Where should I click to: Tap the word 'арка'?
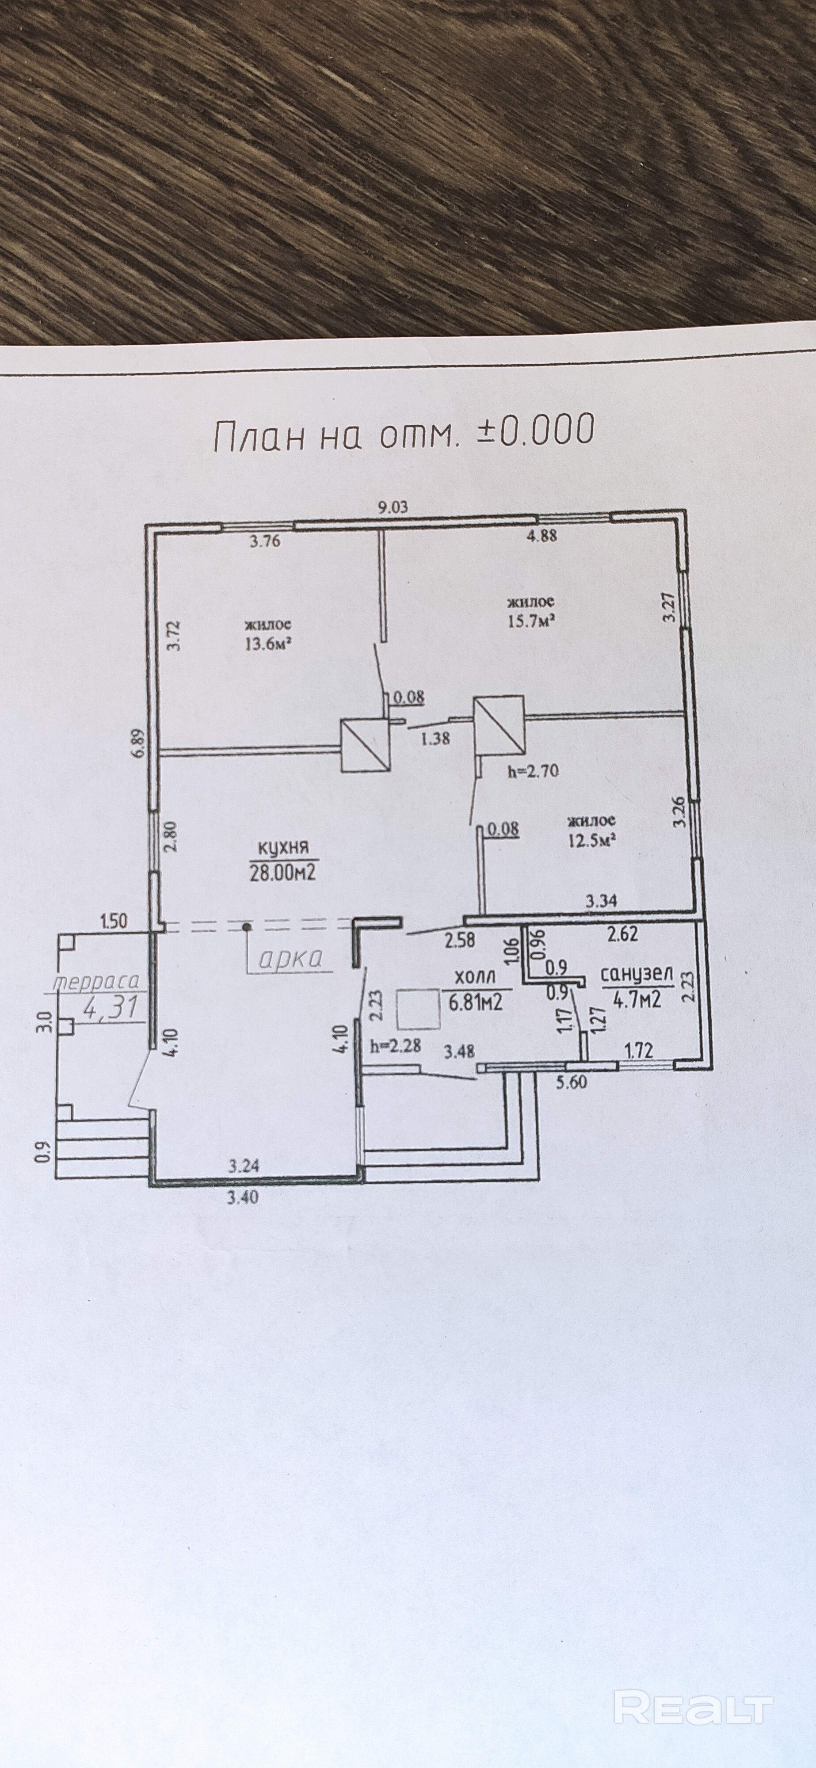point(290,959)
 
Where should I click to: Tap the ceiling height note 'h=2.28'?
point(395,1046)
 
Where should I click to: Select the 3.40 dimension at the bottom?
point(244,1198)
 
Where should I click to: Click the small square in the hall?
point(418,1009)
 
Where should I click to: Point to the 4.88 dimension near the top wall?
point(541,536)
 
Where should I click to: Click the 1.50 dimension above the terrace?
point(113,921)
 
